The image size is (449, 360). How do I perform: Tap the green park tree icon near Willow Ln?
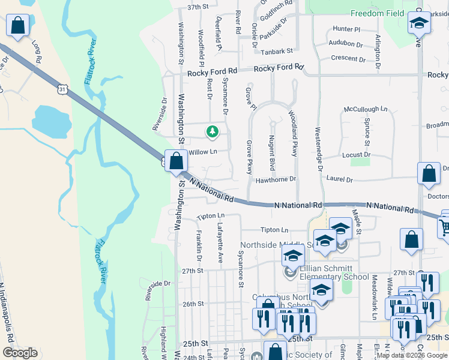211,131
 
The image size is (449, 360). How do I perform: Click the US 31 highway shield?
63,89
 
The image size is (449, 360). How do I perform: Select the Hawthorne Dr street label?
276,179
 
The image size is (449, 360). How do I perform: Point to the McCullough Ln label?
361,109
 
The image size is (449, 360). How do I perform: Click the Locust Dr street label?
356,155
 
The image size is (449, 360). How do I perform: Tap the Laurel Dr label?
340,179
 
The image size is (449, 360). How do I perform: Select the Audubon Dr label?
346,44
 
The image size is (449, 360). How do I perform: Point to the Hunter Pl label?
346,29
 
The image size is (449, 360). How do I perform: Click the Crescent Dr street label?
349,59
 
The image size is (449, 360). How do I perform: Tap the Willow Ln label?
203,152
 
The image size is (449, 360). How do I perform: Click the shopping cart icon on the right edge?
444,227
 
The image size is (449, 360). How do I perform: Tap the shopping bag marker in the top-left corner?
18,26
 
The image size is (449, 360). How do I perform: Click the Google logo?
20,353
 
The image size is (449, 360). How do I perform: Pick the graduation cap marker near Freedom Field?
419,23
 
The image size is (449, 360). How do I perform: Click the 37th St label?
197,7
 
